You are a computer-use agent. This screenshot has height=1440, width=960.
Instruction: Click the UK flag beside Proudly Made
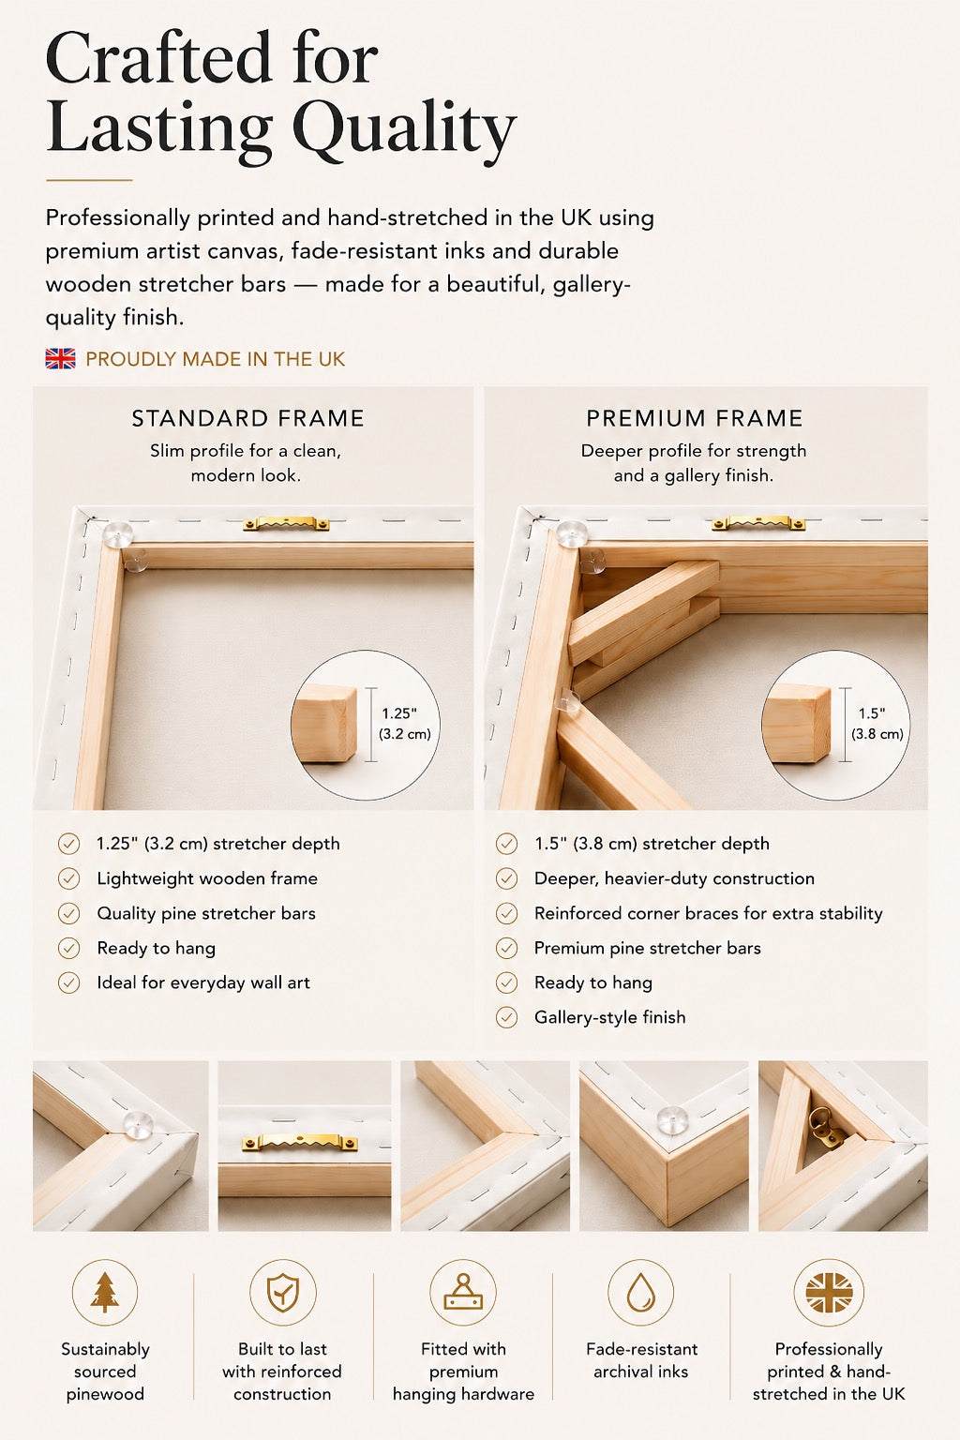pos(60,359)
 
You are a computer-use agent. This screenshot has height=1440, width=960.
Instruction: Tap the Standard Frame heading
pos(248,418)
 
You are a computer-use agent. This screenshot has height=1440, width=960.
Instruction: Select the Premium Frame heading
pos(695,418)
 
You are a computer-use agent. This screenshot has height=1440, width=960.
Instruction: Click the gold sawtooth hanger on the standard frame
pos(286,524)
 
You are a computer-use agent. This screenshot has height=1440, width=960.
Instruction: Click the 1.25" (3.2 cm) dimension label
pos(404,724)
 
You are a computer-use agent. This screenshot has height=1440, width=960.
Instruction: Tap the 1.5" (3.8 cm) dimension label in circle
pos(877,724)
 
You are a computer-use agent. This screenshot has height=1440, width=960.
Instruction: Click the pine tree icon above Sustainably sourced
pos(104,1293)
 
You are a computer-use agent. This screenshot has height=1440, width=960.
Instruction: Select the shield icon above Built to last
pos(283,1293)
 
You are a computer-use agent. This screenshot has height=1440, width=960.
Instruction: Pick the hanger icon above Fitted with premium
pos(463,1293)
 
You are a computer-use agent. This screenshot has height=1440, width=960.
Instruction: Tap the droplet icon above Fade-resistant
pos(641,1293)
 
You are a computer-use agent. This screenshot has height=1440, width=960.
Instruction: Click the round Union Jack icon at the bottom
pos(829,1293)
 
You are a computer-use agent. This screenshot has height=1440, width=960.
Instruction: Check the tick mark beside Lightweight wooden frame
pos(68,878)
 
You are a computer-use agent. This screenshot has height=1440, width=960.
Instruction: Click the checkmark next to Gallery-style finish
pos(506,1017)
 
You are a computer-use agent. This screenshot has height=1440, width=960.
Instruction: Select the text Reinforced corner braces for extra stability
pos(708,913)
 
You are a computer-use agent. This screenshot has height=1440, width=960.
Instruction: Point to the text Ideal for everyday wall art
pos(203,982)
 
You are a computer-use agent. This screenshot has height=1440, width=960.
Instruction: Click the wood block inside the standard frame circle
pos(324,724)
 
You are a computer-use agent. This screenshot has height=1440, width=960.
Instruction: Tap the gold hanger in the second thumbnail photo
pos(300,1143)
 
